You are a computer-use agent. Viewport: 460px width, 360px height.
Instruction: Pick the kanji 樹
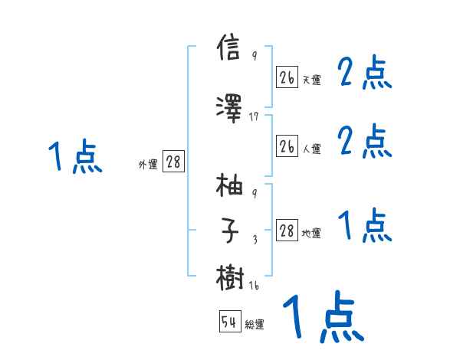230,277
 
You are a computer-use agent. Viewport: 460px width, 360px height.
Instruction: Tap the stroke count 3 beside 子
254,240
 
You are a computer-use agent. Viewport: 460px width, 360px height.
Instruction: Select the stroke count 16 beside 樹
254,287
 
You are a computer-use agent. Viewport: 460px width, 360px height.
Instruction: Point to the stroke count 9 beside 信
254,55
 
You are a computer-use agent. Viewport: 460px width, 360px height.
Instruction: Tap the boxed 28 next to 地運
287,231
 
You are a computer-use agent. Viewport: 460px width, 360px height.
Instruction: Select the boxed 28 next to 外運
174,162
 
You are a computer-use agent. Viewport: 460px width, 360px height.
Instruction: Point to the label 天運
311,79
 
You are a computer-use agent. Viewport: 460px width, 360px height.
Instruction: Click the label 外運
147,164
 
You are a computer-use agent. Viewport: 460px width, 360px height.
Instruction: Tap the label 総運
255,325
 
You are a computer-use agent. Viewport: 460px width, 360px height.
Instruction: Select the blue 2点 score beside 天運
365,74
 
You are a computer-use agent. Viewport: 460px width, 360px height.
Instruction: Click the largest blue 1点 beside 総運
323,316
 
